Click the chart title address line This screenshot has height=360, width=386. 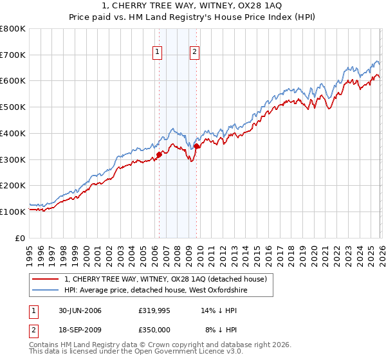192,6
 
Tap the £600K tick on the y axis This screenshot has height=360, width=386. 13,81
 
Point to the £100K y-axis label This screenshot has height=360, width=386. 13,212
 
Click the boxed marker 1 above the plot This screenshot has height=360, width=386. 158,53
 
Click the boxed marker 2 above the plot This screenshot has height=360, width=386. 194,53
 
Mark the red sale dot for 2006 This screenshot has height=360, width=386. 159,154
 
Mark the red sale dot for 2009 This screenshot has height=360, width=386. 196,146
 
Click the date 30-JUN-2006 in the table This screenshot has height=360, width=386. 79,310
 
